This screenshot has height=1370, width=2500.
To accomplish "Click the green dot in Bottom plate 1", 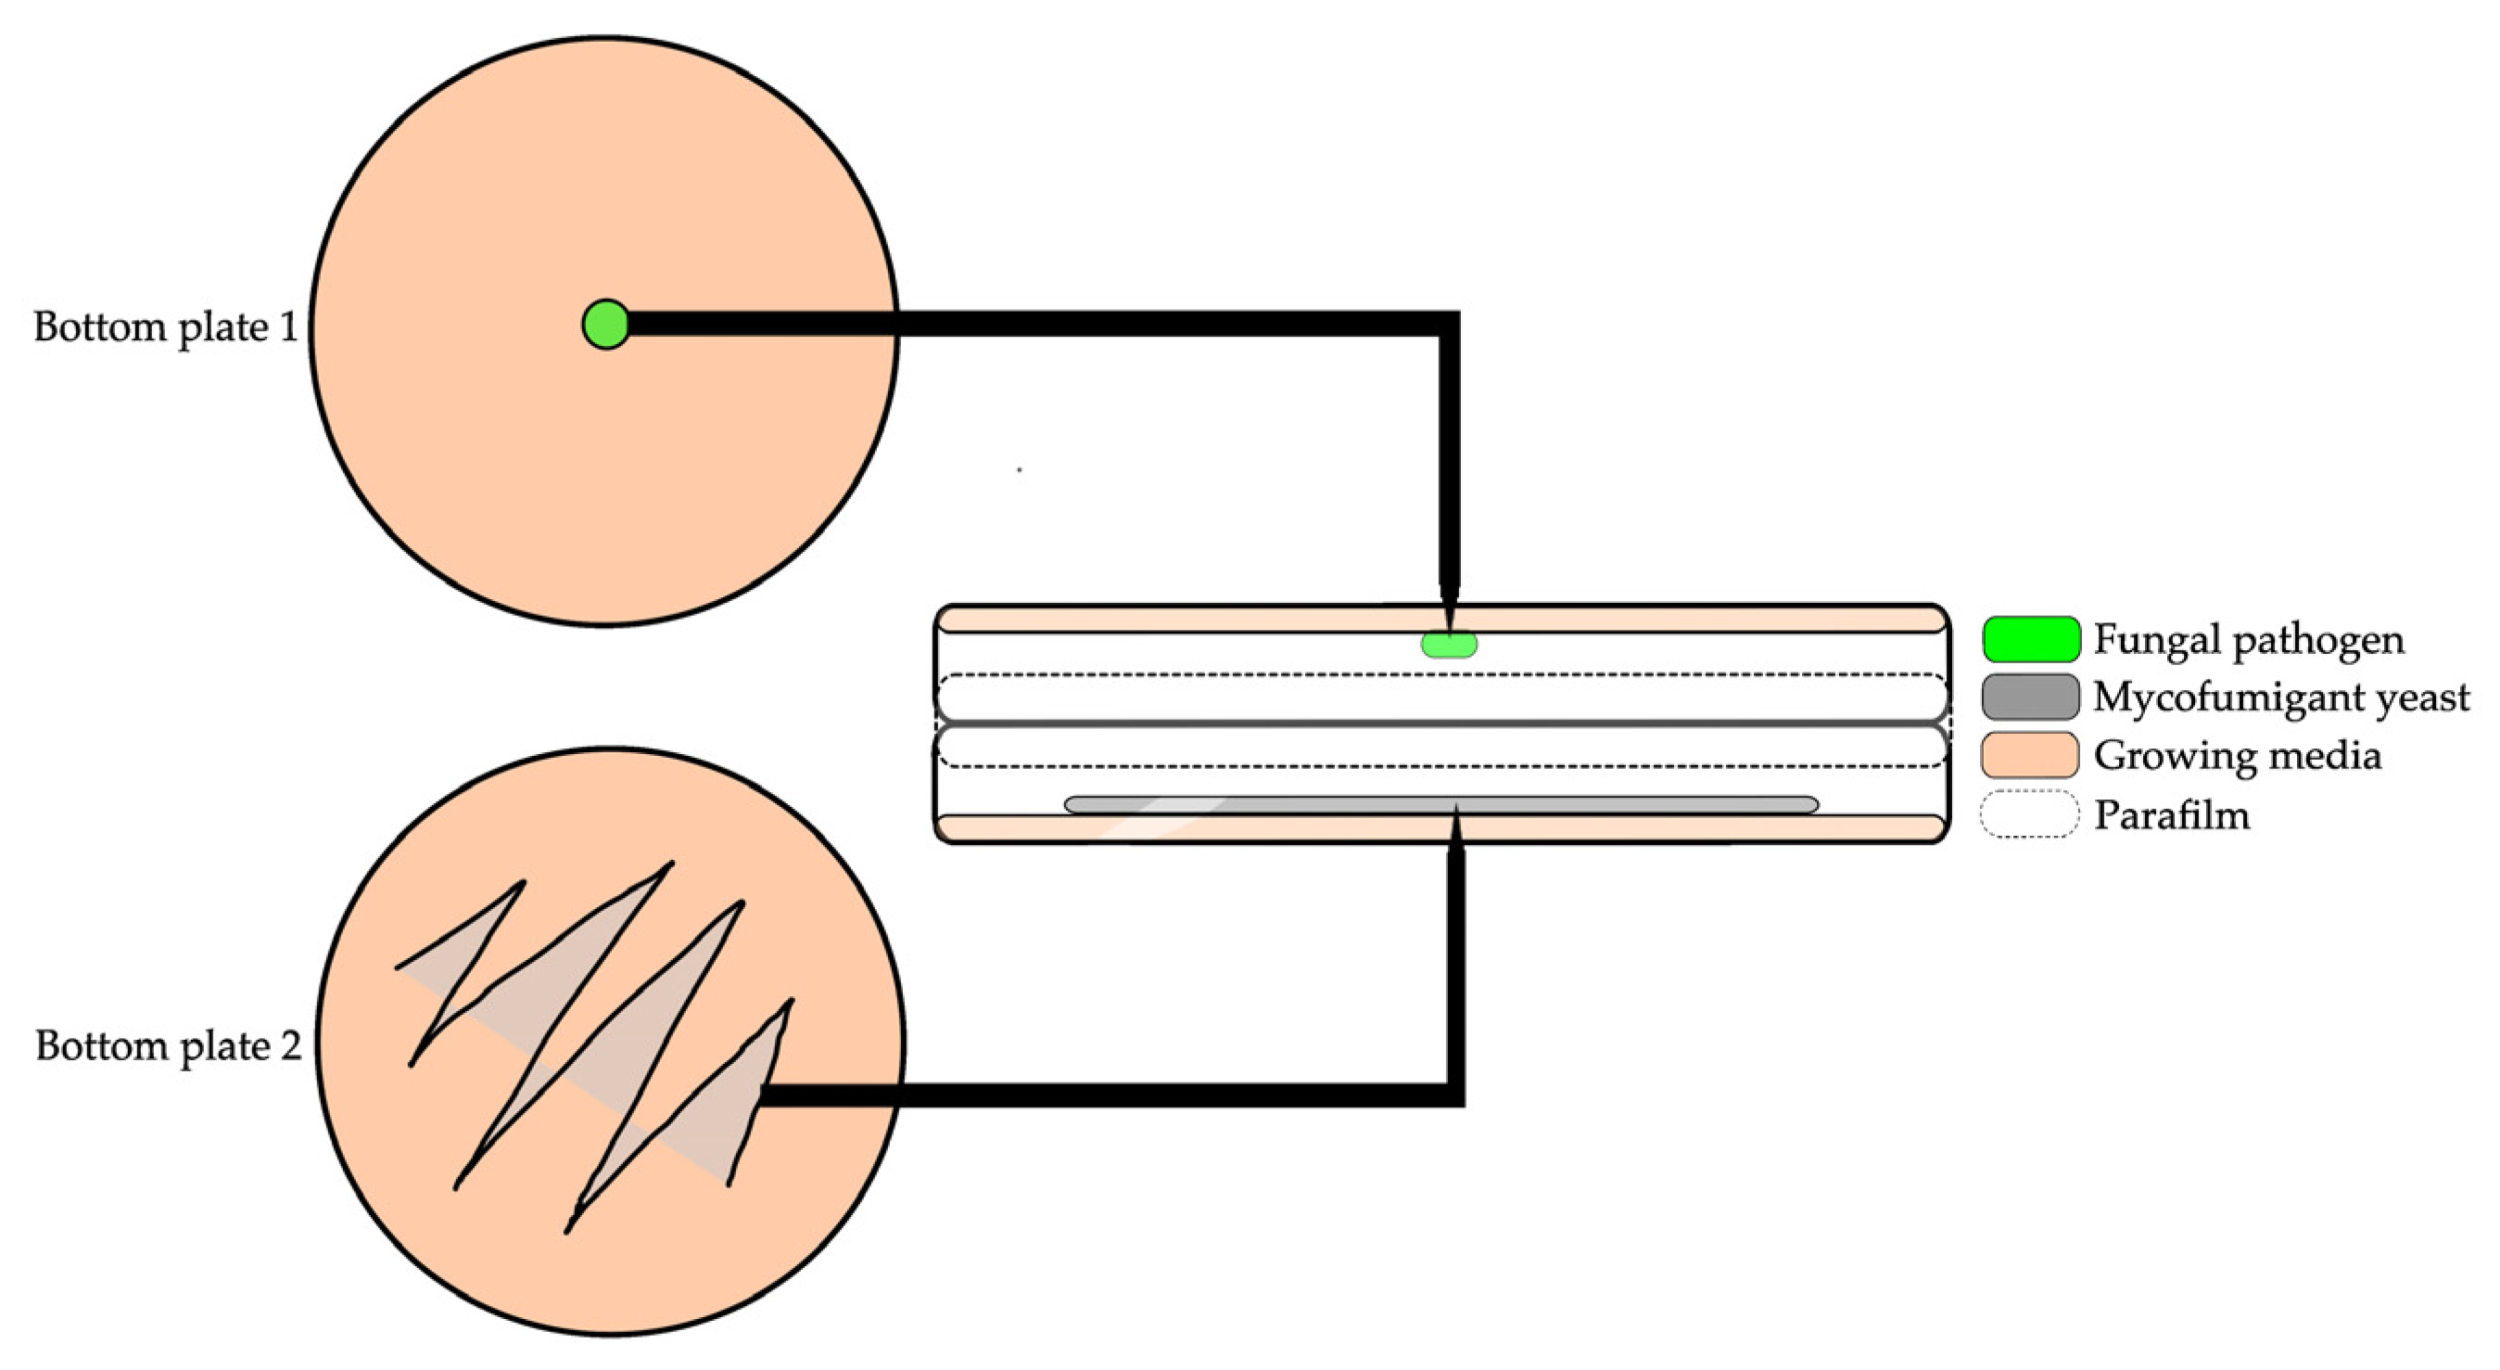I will [x=605, y=325].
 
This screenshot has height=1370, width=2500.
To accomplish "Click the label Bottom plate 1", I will [x=166, y=327].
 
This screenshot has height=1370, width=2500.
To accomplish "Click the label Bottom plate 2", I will [x=168, y=1045].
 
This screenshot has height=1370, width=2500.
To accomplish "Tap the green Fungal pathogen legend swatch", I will [x=2030, y=639].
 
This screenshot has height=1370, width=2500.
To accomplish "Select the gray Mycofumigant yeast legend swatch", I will [x=2030, y=698].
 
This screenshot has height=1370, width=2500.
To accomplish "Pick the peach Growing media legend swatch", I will [x=2030, y=755].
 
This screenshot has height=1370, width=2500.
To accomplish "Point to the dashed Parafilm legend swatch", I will [x=2030, y=813].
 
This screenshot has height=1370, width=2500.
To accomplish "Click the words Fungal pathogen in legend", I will [x=2248, y=640].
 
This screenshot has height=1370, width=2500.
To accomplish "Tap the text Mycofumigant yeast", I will [x=2280, y=698].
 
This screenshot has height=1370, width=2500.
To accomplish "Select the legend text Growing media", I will [x=2237, y=755].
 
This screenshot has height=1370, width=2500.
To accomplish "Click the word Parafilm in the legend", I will [x=2172, y=814].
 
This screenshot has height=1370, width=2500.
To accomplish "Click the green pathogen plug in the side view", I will [x=1449, y=644].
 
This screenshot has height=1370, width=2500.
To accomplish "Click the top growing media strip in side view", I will [x=1164, y=620].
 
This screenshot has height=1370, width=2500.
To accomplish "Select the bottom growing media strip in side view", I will [x=1164, y=827].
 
